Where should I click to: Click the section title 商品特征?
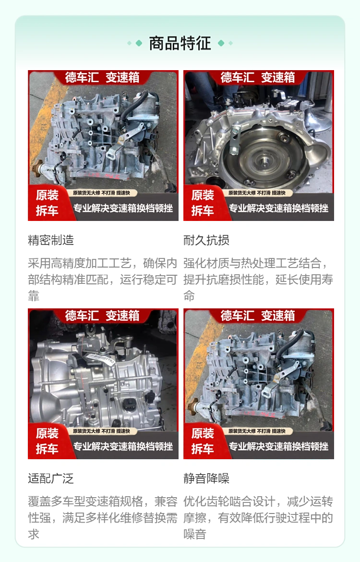pyautogui.click(x=180, y=43)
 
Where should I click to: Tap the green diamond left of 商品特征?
pyautogui.click(x=139, y=43)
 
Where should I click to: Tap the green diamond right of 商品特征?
pyautogui.click(x=221, y=43)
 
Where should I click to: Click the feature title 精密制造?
pyautogui.click(x=51, y=240)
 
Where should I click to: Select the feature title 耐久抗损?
pyautogui.click(x=206, y=240)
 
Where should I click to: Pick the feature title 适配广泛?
pyautogui.click(x=51, y=478)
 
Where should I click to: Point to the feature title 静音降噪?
pyautogui.click(x=206, y=478)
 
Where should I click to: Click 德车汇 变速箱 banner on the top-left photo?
pyautogui.click(x=102, y=77)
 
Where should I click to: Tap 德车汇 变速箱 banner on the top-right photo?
pyautogui.click(x=258, y=77)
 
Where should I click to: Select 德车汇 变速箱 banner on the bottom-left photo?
pyautogui.click(x=102, y=316)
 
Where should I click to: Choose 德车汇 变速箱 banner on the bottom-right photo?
pyautogui.click(x=258, y=316)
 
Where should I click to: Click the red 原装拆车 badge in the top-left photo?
pyautogui.click(x=48, y=203)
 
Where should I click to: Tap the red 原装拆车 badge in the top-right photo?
pyautogui.click(x=203, y=203)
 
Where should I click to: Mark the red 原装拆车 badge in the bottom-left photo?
pyautogui.click(x=48, y=441)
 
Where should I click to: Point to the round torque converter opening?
pyautogui.click(x=264, y=157)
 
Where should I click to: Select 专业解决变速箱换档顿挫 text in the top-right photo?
pyautogui.click(x=279, y=208)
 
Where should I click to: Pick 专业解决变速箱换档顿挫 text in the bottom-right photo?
pyautogui.click(x=279, y=447)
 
